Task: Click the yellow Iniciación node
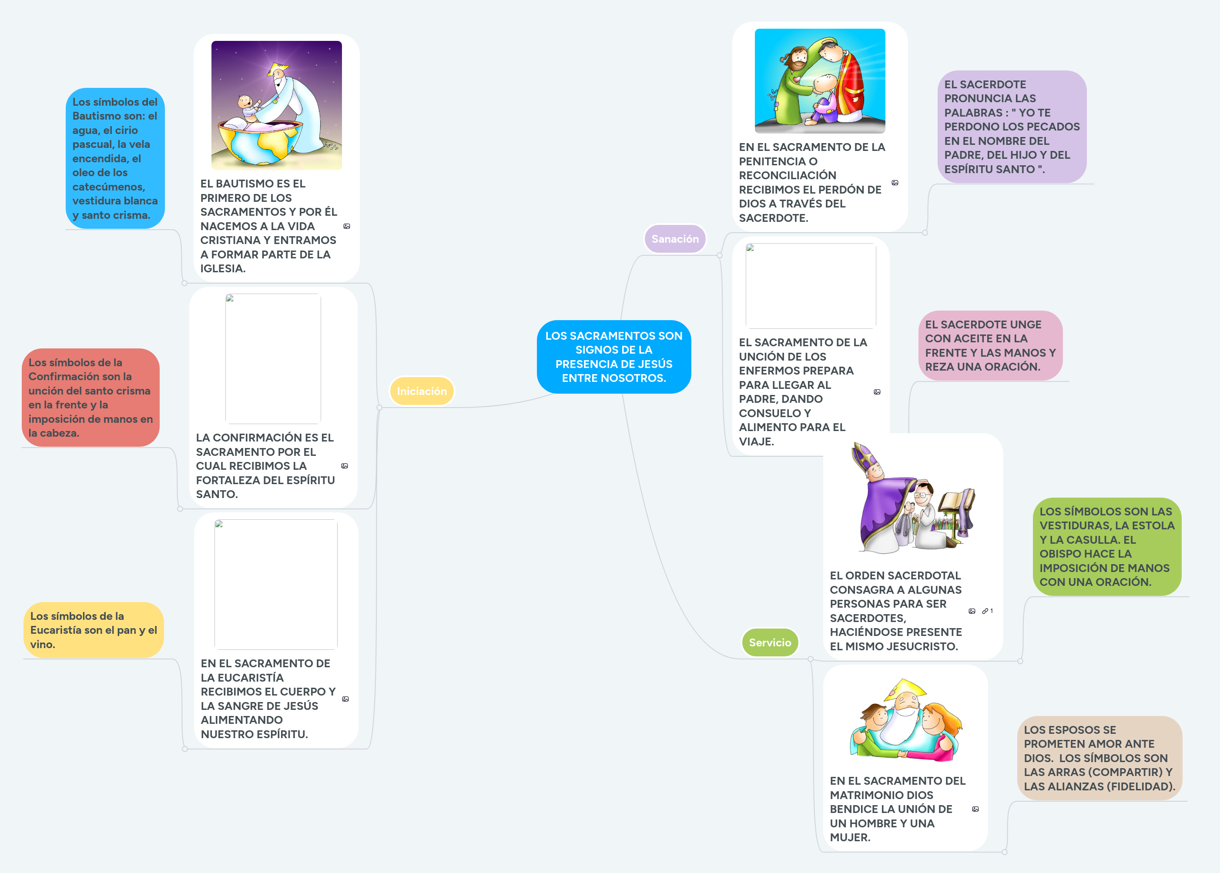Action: (x=422, y=391)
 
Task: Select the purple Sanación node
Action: (x=675, y=239)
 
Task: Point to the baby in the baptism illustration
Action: (x=247, y=105)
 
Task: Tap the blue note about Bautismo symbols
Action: (x=114, y=158)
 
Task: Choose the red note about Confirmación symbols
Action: (x=90, y=397)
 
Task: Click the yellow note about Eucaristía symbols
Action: (x=93, y=629)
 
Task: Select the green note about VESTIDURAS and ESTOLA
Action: (x=1106, y=546)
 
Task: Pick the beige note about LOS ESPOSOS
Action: (x=1099, y=758)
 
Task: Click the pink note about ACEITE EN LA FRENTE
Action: (x=990, y=345)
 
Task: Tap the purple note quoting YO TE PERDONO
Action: (x=1012, y=126)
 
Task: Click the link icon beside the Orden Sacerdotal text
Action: (x=985, y=611)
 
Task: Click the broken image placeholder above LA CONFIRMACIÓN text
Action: (x=273, y=358)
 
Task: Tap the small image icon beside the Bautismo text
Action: (x=347, y=226)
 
